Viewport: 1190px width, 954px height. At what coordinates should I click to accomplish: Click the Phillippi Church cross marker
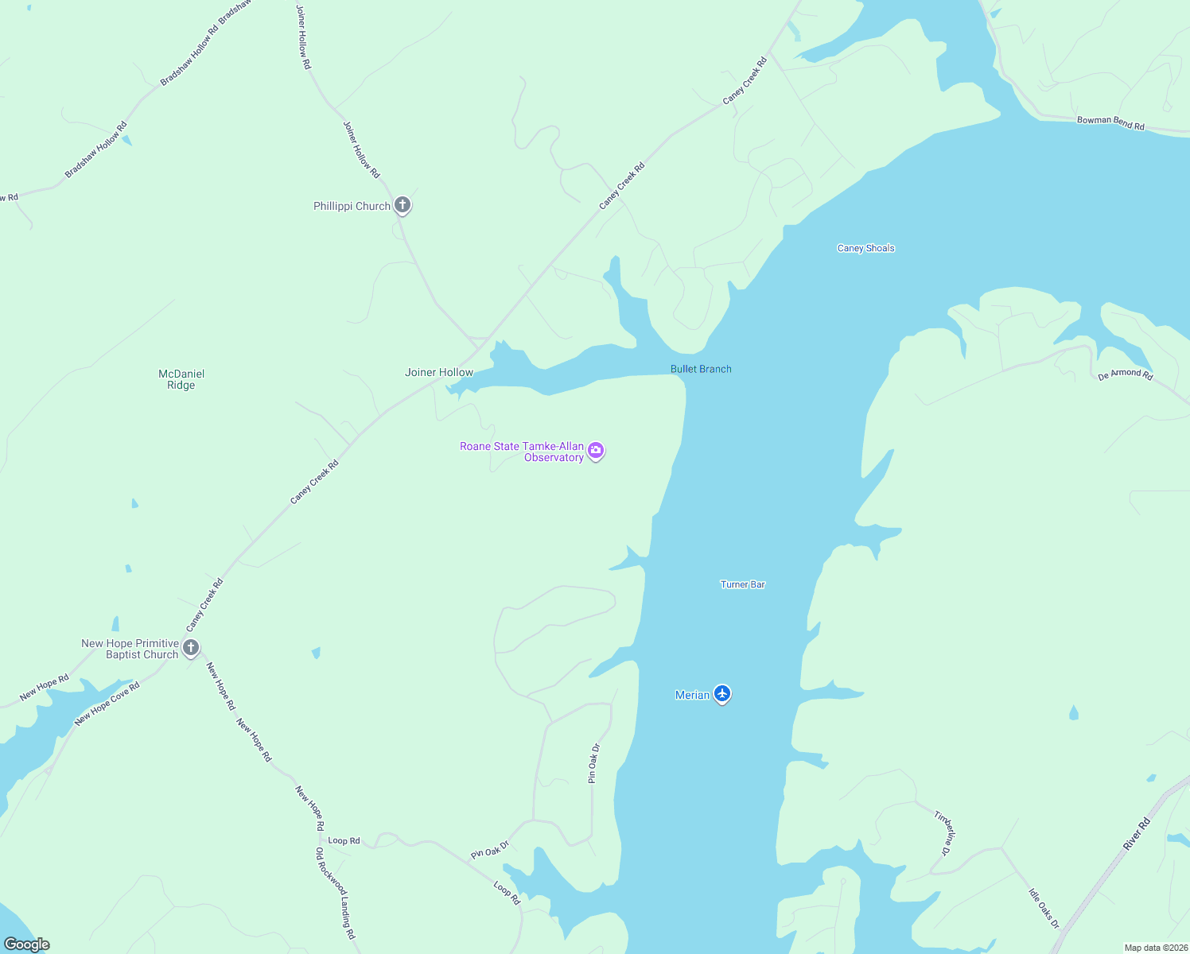pyautogui.click(x=402, y=205)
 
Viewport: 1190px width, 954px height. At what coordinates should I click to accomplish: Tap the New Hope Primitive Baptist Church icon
pyautogui.click(x=190, y=647)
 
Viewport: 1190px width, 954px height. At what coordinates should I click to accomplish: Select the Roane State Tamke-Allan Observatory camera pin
pyautogui.click(x=596, y=451)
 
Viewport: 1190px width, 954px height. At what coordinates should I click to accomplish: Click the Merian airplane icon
pyautogui.click(x=722, y=693)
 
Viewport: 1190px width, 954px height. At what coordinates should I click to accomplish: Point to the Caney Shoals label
pyautogui.click(x=865, y=248)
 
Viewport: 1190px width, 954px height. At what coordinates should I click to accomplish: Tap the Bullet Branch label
pyautogui.click(x=701, y=369)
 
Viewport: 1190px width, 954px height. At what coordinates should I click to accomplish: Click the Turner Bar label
pyautogui.click(x=743, y=584)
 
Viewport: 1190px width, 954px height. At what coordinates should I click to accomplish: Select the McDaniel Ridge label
pyautogui.click(x=181, y=379)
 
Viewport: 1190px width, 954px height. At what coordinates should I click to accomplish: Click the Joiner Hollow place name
pyautogui.click(x=439, y=372)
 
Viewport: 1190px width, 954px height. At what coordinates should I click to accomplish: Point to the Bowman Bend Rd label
pyautogui.click(x=1110, y=122)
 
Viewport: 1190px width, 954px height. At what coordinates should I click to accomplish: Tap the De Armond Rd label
pyautogui.click(x=1126, y=374)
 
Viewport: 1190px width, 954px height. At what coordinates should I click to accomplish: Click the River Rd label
pyautogui.click(x=1137, y=834)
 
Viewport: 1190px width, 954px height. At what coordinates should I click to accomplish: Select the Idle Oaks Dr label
pyautogui.click(x=1044, y=908)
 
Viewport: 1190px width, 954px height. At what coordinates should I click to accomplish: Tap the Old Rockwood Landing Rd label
pyautogui.click(x=336, y=893)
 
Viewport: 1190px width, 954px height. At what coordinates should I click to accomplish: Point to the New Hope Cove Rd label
pyautogui.click(x=107, y=704)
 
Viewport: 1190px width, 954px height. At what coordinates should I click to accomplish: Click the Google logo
pyautogui.click(x=26, y=944)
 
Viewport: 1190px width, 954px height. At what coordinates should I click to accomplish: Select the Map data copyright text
pyautogui.click(x=1156, y=948)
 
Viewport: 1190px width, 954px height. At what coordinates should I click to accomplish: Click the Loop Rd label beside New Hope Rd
pyautogui.click(x=344, y=840)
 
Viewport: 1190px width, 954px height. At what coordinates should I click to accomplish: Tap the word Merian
pyautogui.click(x=692, y=695)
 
